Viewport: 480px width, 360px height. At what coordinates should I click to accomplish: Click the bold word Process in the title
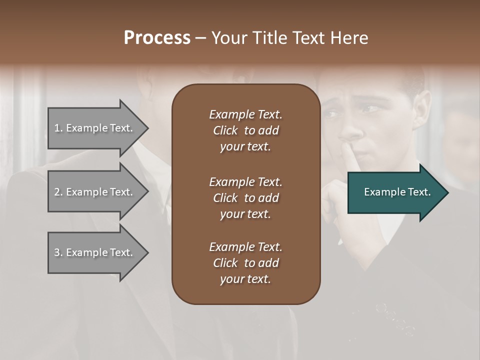coord(157,38)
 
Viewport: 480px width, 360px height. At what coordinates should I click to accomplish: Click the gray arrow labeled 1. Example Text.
coord(95,128)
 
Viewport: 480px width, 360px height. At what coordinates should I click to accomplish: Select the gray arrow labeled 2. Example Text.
coord(95,192)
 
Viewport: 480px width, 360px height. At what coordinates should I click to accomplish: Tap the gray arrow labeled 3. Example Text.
coord(95,252)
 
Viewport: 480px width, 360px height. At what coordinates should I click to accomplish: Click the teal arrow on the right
coord(395,192)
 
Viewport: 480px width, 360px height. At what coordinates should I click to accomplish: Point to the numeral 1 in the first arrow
coord(57,128)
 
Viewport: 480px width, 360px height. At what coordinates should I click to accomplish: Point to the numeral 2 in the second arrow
coord(57,192)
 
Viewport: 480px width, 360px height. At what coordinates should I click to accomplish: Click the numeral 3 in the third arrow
coord(57,252)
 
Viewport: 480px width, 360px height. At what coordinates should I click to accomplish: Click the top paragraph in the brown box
coord(245,130)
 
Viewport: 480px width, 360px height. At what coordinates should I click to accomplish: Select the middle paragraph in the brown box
coord(245,198)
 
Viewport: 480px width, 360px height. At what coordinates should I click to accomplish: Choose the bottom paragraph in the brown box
coord(245,263)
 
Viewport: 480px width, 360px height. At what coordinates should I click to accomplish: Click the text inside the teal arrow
coord(397,192)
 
